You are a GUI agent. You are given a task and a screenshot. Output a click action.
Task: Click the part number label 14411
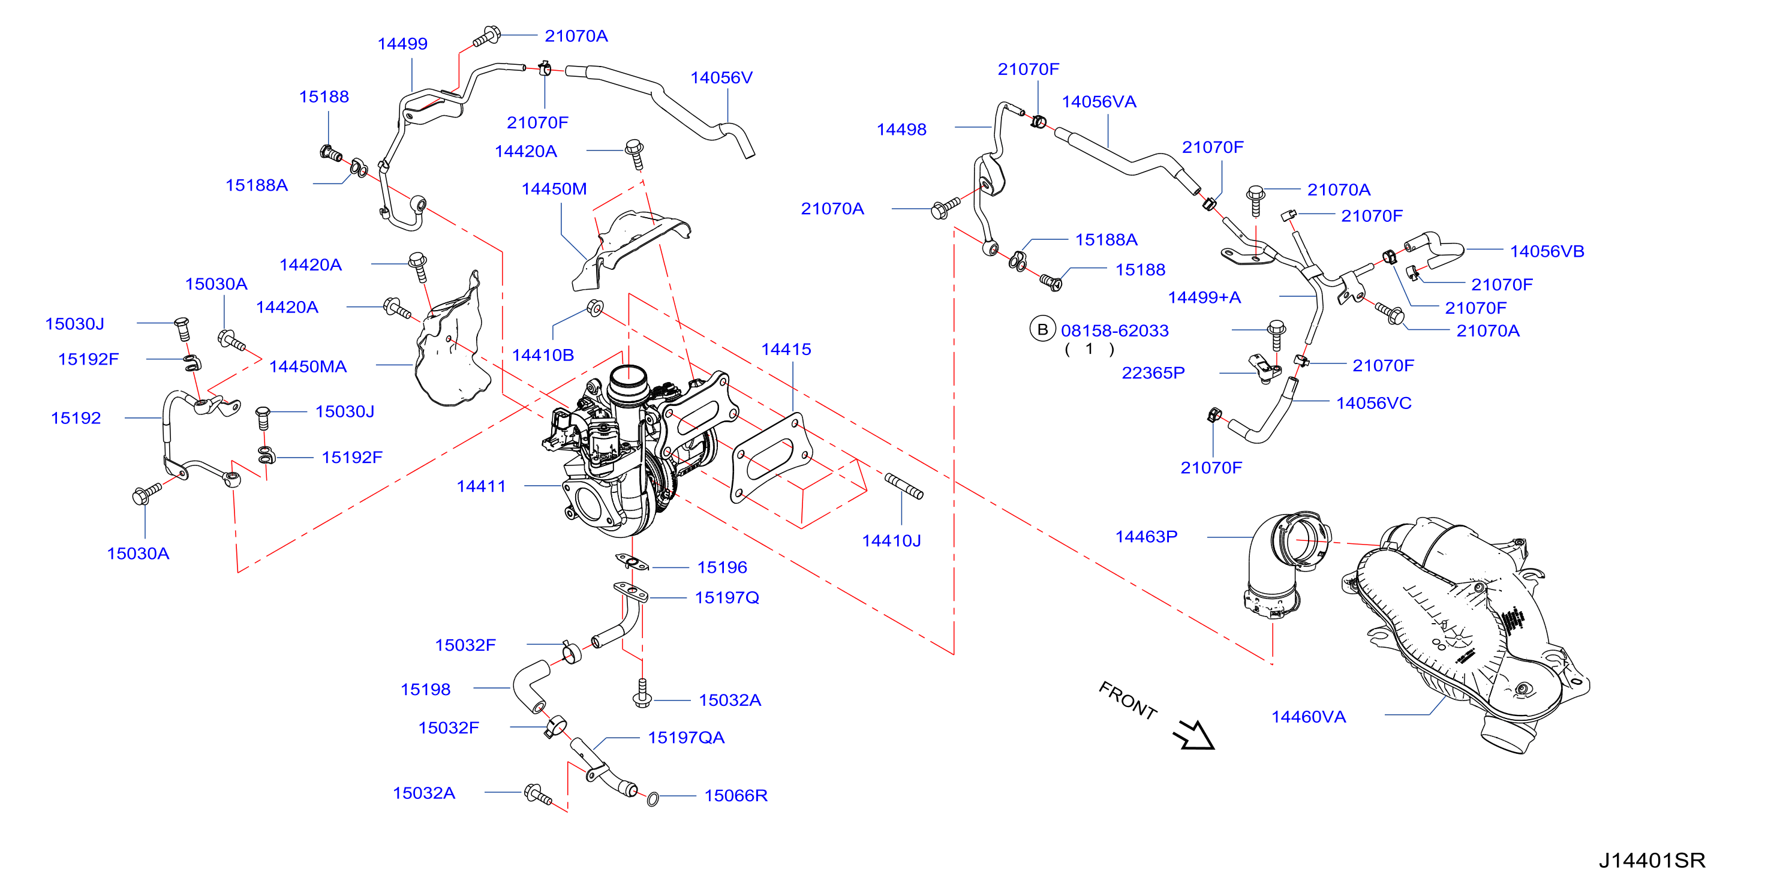481,486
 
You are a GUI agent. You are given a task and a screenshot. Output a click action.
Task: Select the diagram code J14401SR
1652,861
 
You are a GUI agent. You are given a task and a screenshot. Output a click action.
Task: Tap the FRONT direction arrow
1194,735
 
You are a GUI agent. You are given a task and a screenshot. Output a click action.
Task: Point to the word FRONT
1127,700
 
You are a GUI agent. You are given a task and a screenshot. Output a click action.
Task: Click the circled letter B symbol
1043,329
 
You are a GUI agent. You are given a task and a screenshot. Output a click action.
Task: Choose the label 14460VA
1309,717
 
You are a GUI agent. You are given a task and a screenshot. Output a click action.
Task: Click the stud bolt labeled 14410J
904,486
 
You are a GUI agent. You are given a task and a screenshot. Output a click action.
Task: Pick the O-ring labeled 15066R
653,798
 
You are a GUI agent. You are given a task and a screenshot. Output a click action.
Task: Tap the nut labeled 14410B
595,308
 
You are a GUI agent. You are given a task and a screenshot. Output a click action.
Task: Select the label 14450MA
308,366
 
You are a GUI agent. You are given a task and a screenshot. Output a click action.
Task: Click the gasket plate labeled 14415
771,458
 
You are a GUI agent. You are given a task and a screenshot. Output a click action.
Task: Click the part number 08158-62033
1114,330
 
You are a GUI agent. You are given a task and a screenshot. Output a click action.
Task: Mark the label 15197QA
686,738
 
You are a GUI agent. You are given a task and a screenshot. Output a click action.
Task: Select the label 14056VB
1547,251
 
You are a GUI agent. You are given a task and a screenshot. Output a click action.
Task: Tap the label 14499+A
1204,297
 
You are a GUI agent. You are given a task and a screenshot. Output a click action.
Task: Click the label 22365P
1153,374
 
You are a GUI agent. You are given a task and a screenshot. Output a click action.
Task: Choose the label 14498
901,130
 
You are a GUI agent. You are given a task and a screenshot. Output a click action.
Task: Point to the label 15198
426,690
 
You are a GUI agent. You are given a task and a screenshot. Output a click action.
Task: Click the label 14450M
554,189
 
